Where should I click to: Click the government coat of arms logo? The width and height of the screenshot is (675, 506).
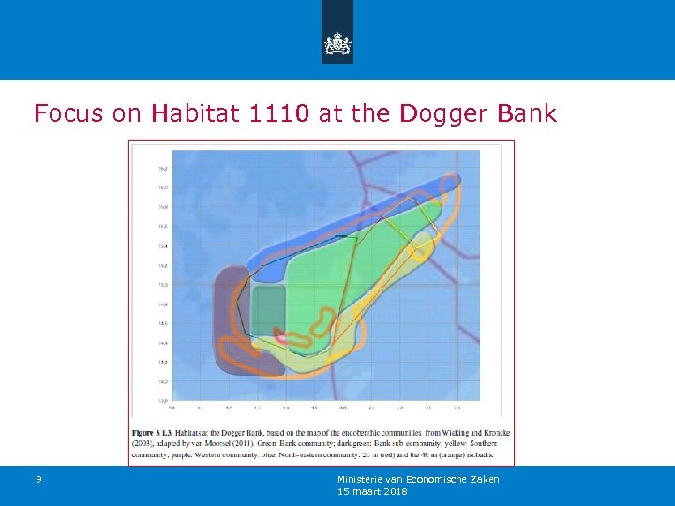337,42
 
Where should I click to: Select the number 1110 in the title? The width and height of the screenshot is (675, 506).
279,114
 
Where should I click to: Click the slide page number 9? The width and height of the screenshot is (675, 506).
38,480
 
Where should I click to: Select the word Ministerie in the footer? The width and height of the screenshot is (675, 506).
360,479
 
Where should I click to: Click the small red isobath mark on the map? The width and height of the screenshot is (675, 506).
279,332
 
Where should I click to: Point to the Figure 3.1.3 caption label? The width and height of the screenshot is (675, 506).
163,430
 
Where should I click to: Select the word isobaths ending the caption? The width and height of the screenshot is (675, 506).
490,455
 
